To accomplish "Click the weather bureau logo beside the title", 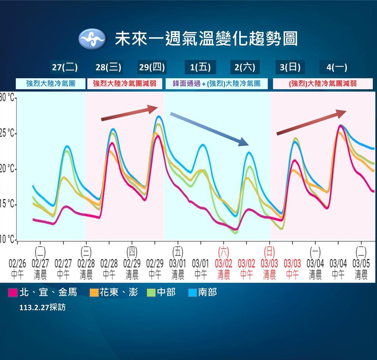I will click(x=92, y=39).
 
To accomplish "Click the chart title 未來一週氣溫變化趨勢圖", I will click(x=206, y=39).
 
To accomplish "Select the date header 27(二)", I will click(x=65, y=68).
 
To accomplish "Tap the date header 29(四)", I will click(x=152, y=68).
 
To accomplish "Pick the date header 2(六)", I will click(x=245, y=68).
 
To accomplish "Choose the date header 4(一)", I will click(x=337, y=68).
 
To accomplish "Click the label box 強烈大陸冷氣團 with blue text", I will click(x=51, y=84).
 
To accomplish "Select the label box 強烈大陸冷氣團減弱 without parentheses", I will click(x=125, y=84).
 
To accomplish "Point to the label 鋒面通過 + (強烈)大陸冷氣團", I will click(x=216, y=84).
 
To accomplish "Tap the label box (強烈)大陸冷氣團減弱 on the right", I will click(x=323, y=84).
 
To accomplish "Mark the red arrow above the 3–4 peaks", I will click(x=311, y=122).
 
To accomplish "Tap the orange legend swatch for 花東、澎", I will click(x=94, y=293).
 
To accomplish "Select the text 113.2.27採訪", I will click(x=42, y=307).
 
